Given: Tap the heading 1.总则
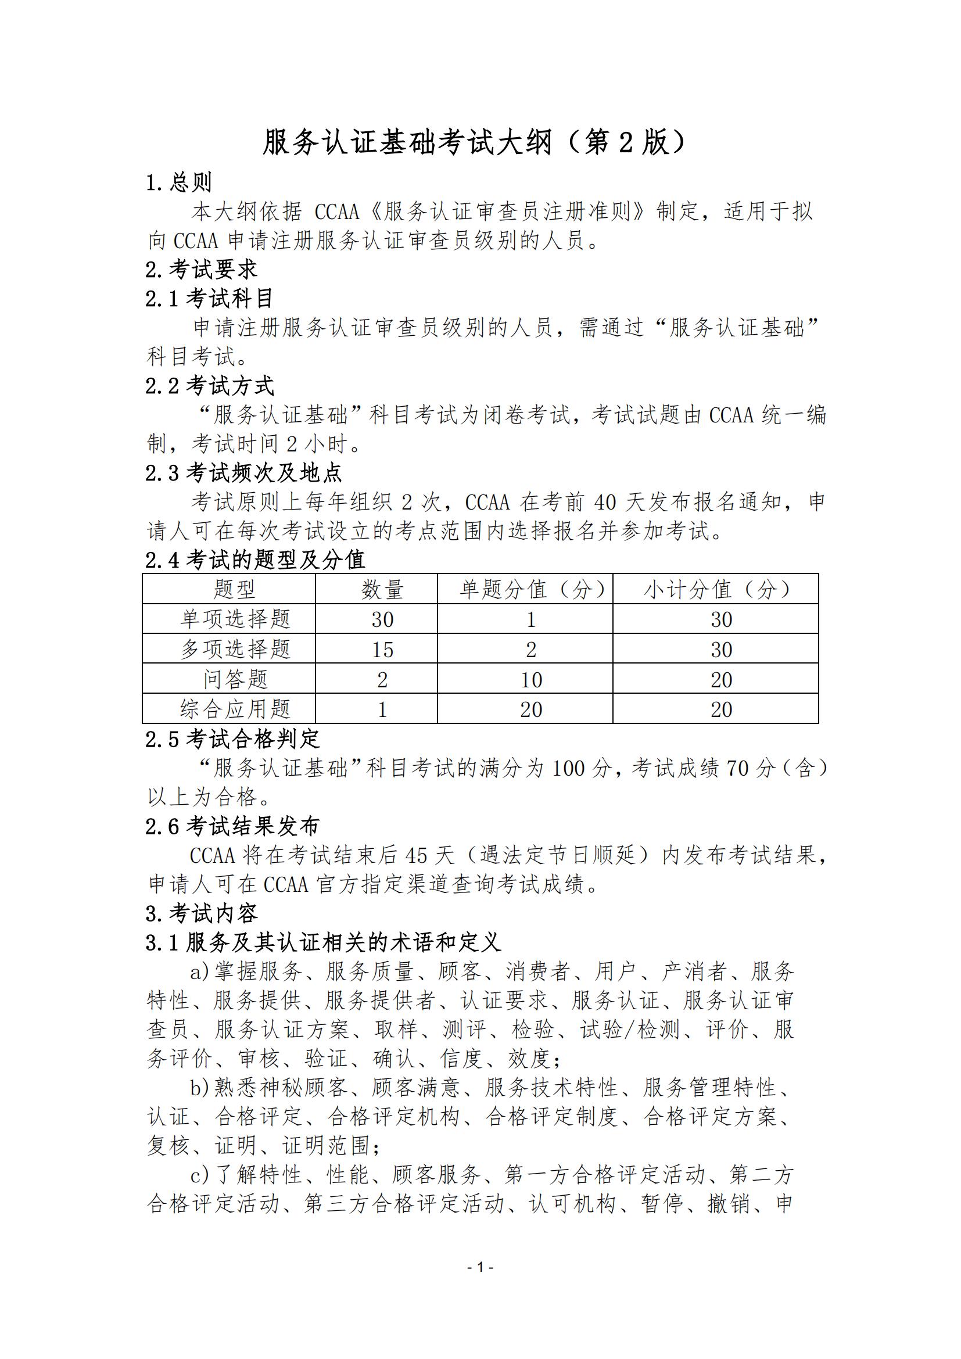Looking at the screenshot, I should click(x=179, y=182).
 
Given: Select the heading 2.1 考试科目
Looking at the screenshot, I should click(x=210, y=298).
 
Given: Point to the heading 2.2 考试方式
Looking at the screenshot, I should click(x=210, y=386).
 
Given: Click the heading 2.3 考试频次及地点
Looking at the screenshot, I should click(x=244, y=473).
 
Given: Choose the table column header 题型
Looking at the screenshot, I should click(x=234, y=590).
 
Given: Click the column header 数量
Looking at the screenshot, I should click(x=382, y=590).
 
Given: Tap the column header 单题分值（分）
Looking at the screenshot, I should click(x=532, y=590).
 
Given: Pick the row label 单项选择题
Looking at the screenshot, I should click(x=235, y=619).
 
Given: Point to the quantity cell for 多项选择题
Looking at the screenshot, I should click(x=382, y=650).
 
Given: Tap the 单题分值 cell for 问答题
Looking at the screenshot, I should click(x=532, y=680).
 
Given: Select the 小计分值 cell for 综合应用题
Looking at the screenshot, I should click(x=722, y=709).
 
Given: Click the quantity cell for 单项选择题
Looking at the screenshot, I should click(x=382, y=620).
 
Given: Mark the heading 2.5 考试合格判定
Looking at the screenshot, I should click(x=232, y=738).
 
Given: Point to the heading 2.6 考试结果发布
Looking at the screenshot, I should click(x=232, y=826).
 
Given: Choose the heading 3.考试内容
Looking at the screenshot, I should click(x=202, y=913).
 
